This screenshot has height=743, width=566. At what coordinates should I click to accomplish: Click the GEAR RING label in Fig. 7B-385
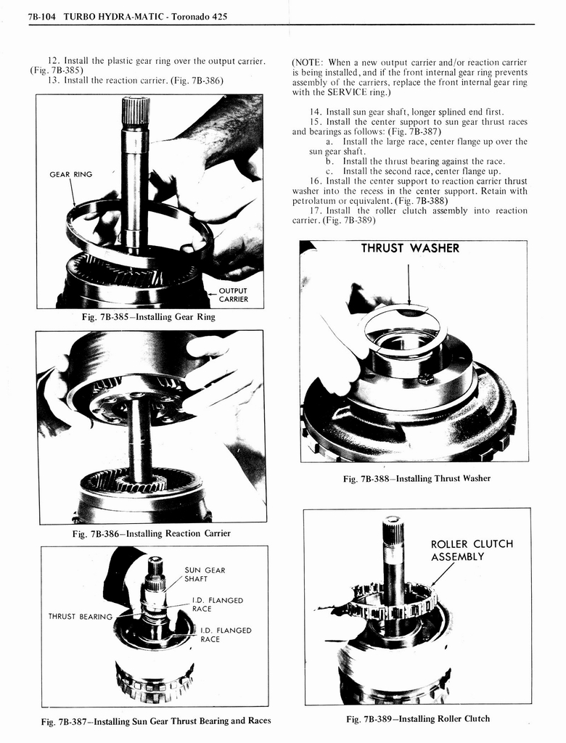(x=70, y=174)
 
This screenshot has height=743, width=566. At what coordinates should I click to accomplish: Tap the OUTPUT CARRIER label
(x=232, y=295)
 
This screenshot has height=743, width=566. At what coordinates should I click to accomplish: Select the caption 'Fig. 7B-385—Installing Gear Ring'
(x=148, y=317)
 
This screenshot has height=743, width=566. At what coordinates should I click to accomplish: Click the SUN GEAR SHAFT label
(x=205, y=575)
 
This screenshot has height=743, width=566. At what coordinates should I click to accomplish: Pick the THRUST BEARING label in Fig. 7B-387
(x=80, y=617)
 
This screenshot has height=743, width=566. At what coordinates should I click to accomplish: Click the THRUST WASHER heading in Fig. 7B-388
(x=410, y=248)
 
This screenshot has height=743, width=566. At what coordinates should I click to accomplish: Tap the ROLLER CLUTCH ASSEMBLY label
(x=472, y=551)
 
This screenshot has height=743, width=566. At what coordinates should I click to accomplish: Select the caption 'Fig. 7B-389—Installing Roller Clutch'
(x=417, y=718)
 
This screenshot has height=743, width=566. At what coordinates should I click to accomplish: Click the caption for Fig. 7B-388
(x=417, y=478)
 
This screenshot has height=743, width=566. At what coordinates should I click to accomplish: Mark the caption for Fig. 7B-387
(x=155, y=721)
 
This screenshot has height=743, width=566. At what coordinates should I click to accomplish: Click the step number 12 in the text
(x=52, y=59)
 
